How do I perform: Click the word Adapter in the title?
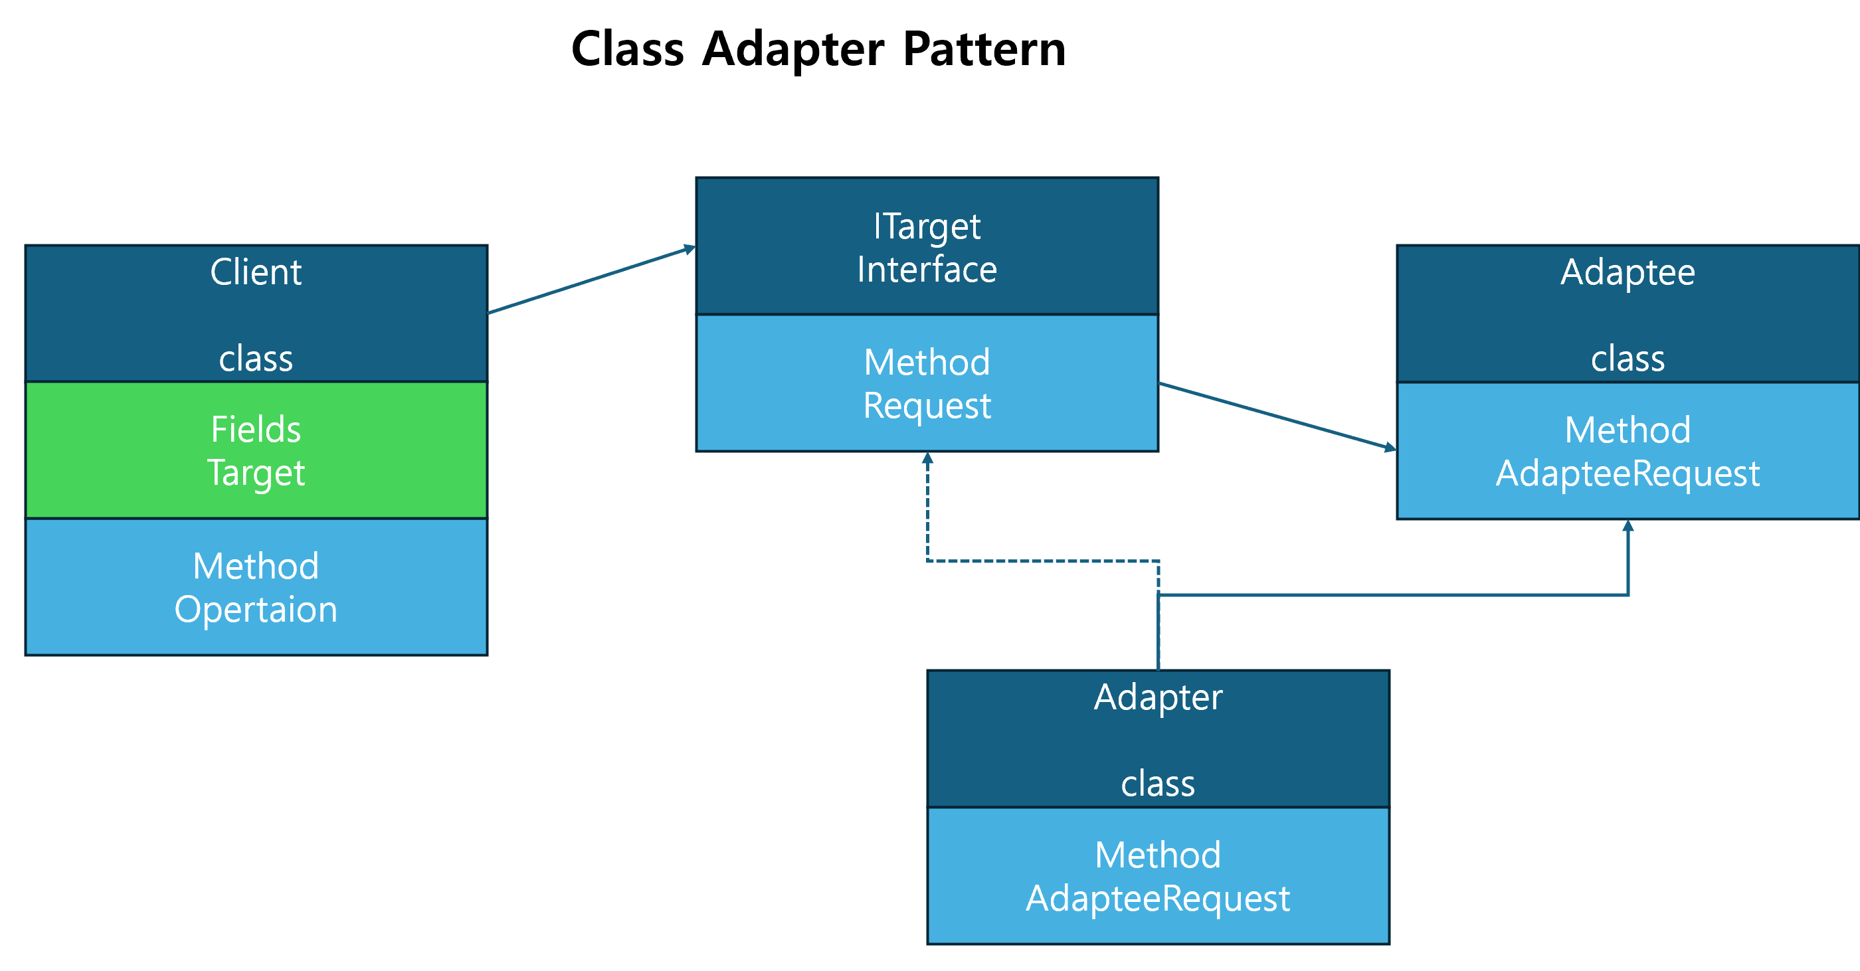pyautogui.click(x=792, y=49)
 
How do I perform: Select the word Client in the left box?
pyautogui.click(x=256, y=272)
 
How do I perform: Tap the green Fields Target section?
pyautogui.click(x=256, y=450)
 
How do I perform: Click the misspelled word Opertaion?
pyautogui.click(x=256, y=609)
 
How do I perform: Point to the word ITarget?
pyautogui.click(x=927, y=226)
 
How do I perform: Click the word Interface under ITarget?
pyautogui.click(x=927, y=269)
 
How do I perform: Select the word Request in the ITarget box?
pyautogui.click(x=927, y=406)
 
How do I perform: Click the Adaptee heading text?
pyautogui.click(x=1627, y=272)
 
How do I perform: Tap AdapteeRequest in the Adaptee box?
pyautogui.click(x=1627, y=474)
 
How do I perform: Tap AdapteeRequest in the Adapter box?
pyautogui.click(x=1157, y=899)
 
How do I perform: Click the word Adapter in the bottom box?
pyautogui.click(x=1157, y=697)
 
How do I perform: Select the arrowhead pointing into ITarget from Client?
pyautogui.click(x=690, y=249)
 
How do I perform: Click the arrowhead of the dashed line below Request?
pyautogui.click(x=927, y=458)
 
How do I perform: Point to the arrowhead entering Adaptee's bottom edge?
pyautogui.click(x=1627, y=525)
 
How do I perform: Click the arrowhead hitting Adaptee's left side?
pyautogui.click(x=1390, y=448)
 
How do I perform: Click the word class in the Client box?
pyautogui.click(x=256, y=359)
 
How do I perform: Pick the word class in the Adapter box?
pyautogui.click(x=1157, y=784)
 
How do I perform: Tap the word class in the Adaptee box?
pyautogui.click(x=1627, y=359)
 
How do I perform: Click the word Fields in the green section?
pyautogui.click(x=256, y=430)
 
